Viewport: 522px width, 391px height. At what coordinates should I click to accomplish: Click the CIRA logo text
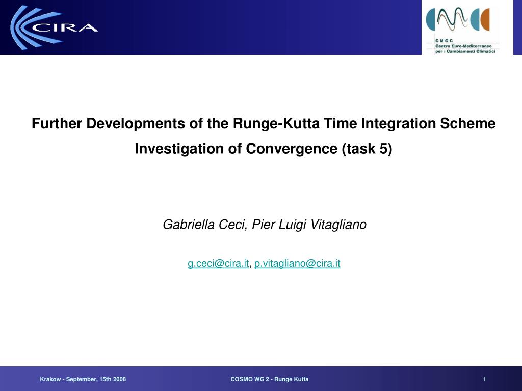pyautogui.click(x=65, y=27)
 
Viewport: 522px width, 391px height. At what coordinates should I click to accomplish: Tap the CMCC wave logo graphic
pyautogui.click(x=458, y=19)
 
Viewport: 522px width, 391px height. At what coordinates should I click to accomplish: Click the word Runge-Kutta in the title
pyautogui.click(x=276, y=123)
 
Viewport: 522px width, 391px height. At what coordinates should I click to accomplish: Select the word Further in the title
pyautogui.click(x=57, y=123)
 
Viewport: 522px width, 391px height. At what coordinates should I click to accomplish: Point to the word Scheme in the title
pyautogui.click(x=468, y=123)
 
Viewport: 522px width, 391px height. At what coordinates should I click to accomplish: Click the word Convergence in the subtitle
pyautogui.click(x=291, y=149)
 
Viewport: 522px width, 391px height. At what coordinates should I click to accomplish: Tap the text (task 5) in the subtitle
pyautogui.click(x=367, y=149)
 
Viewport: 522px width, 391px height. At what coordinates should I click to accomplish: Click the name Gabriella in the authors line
pyautogui.click(x=189, y=225)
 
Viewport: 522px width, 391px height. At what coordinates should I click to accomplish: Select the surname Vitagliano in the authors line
pyautogui.click(x=338, y=225)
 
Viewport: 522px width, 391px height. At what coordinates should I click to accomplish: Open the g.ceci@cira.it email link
pyautogui.click(x=218, y=263)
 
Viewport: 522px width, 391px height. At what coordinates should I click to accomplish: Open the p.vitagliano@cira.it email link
pyautogui.click(x=297, y=263)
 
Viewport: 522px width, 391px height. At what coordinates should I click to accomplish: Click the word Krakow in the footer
pyautogui.click(x=50, y=379)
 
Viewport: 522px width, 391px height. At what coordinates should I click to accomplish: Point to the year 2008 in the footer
pyautogui.click(x=119, y=379)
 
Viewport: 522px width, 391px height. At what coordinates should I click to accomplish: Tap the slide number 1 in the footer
pyautogui.click(x=484, y=379)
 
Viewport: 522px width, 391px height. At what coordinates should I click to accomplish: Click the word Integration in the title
pyautogui.click(x=399, y=123)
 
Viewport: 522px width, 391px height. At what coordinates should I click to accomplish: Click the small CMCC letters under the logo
pyautogui.click(x=444, y=41)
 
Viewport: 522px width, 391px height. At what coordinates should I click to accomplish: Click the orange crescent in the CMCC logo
pyautogui.click(x=485, y=20)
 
